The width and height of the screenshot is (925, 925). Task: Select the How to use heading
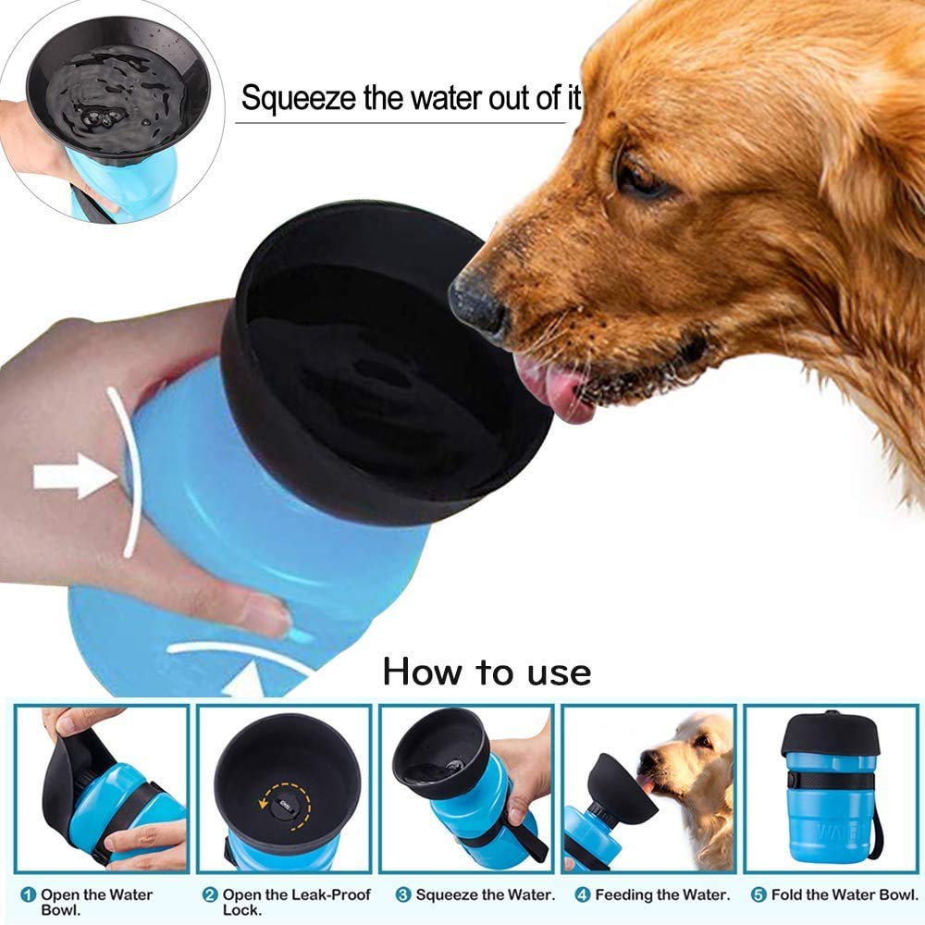point(487,672)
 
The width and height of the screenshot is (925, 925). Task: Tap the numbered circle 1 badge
point(29,895)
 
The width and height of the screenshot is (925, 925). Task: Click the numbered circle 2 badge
point(210,895)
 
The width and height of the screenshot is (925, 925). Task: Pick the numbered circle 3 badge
point(403,895)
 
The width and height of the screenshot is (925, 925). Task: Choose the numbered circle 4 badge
point(583,895)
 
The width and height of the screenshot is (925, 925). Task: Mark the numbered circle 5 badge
point(758,895)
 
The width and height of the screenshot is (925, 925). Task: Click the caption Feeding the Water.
point(662,895)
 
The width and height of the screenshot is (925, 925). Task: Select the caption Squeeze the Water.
point(486,895)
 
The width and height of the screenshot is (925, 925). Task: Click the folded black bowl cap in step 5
point(830,735)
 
